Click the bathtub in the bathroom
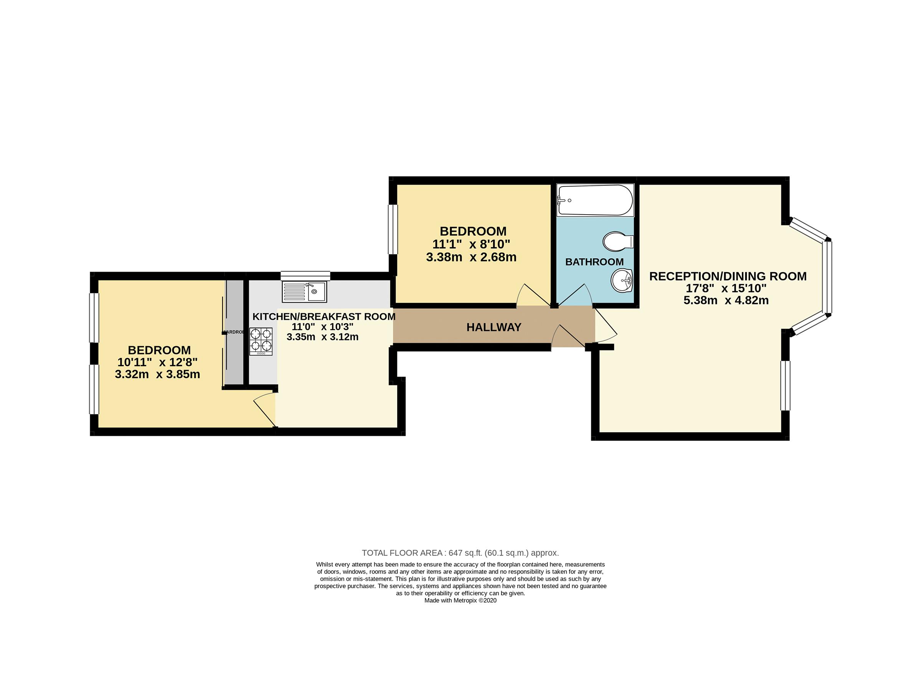click(x=594, y=200)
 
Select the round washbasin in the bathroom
click(x=621, y=280)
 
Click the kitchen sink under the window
click(x=305, y=291)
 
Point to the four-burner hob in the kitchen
click(x=261, y=342)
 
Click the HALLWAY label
click(x=494, y=327)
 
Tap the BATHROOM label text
click(x=594, y=262)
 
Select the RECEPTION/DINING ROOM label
click(x=728, y=276)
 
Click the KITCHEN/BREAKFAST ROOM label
click(x=324, y=317)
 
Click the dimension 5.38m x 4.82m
click(x=726, y=300)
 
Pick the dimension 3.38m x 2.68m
click(x=471, y=257)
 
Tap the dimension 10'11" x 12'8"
click(x=157, y=362)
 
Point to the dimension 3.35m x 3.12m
click(x=322, y=337)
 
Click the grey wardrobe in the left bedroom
click(x=234, y=332)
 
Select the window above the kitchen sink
click(x=305, y=275)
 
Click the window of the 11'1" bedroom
click(x=393, y=229)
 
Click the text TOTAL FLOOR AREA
click(x=402, y=553)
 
